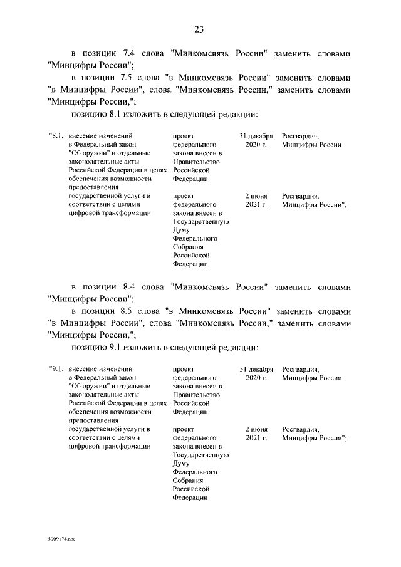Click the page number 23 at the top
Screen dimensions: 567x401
tap(200, 30)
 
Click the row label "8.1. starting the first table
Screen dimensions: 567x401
tap(56, 136)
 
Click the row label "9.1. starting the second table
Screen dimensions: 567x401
tap(56, 370)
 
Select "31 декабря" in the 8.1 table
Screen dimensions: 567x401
tap(256, 136)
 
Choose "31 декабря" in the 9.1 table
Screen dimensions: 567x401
tap(256, 370)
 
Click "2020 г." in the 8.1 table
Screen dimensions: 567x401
tap(256, 145)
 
